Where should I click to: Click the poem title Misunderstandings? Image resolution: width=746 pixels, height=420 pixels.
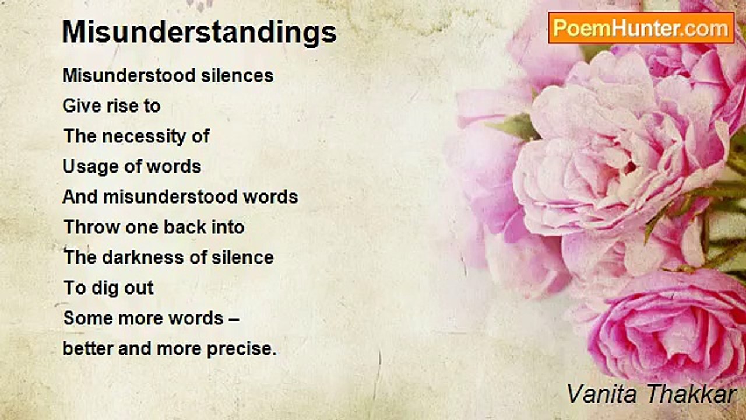click(199, 33)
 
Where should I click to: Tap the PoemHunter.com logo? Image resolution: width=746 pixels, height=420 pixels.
click(641, 28)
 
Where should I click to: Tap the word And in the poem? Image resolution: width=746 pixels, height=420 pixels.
click(80, 197)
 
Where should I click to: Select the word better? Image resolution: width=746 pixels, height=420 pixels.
click(87, 349)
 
